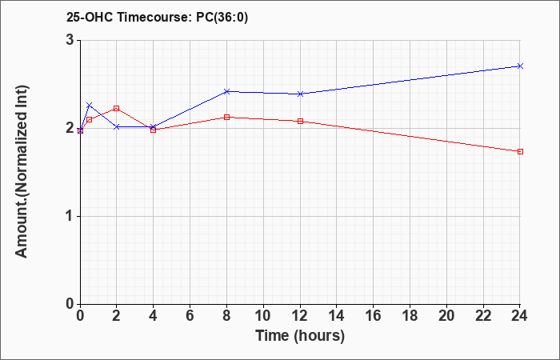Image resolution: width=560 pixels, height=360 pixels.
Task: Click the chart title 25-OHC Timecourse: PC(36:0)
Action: (x=157, y=18)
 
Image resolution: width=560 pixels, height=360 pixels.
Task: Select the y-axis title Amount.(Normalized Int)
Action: (x=22, y=171)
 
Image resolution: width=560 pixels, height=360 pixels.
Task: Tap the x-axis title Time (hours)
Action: (x=300, y=336)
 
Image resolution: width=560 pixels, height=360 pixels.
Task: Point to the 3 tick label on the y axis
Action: (x=70, y=40)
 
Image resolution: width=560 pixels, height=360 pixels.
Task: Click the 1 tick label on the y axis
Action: (x=70, y=217)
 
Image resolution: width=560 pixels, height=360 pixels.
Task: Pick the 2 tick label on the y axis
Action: (x=70, y=128)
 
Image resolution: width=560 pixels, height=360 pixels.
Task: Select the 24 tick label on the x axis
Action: (x=520, y=316)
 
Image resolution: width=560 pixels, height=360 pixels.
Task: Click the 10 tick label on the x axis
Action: (x=263, y=316)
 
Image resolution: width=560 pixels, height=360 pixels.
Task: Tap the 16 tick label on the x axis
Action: (x=373, y=316)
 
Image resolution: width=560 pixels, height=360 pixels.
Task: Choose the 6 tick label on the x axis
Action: (x=190, y=316)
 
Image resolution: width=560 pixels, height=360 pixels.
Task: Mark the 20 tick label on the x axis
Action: (x=446, y=316)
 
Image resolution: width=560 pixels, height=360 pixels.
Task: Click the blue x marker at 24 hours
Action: (x=520, y=66)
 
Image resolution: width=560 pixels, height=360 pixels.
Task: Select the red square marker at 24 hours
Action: (x=520, y=151)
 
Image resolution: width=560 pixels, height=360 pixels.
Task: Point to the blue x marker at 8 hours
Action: (x=226, y=91)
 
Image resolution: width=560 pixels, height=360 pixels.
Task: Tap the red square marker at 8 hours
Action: (x=226, y=117)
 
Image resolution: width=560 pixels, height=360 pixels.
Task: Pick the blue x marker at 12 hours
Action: (x=300, y=94)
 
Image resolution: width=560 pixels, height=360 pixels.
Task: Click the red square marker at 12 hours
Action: (x=300, y=121)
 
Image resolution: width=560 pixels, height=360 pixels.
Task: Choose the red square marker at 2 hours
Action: (x=117, y=108)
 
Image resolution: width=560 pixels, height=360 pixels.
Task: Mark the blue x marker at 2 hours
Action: (x=117, y=126)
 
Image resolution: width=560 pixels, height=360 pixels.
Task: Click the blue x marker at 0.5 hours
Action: (x=90, y=105)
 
